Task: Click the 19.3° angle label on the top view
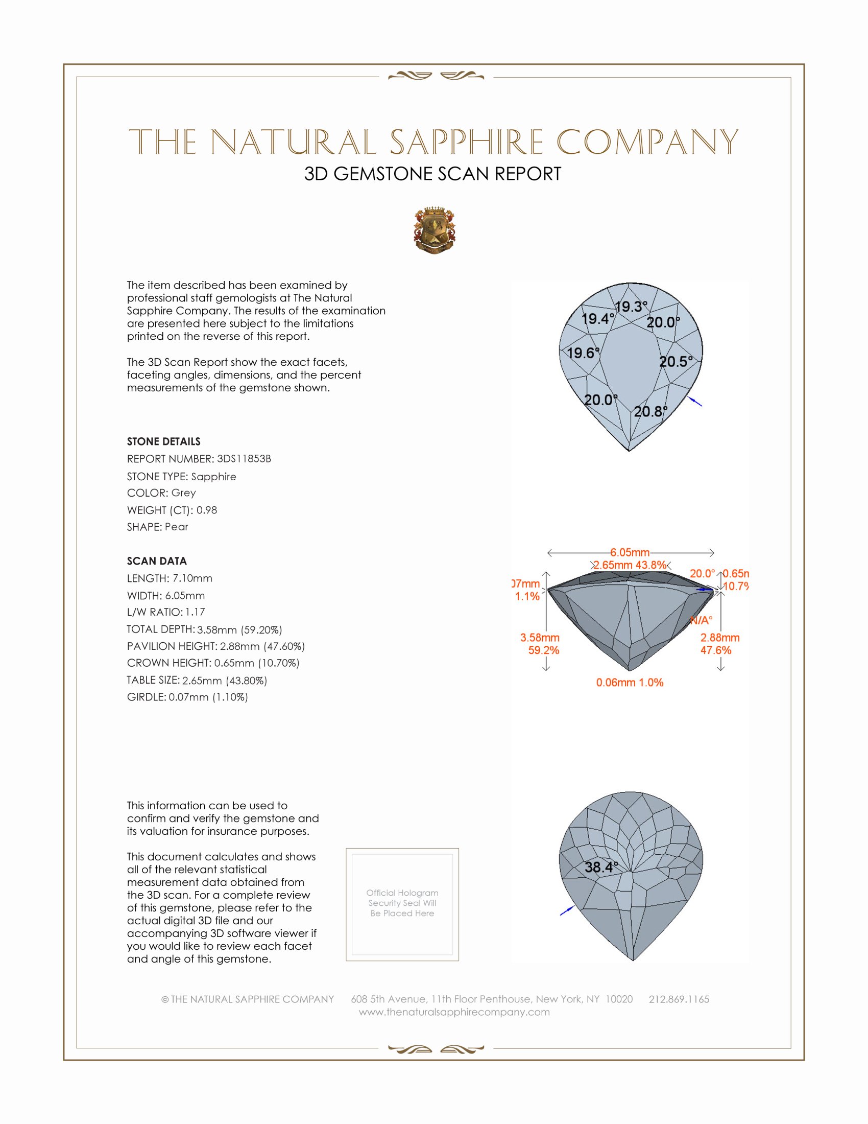pyautogui.click(x=631, y=307)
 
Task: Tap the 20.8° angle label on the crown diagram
pyautogui.click(x=650, y=411)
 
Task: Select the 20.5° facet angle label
pyautogui.click(x=676, y=361)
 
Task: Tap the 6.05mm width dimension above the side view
pyautogui.click(x=630, y=552)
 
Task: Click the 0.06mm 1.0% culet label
pyautogui.click(x=630, y=683)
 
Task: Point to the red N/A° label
pyautogui.click(x=701, y=620)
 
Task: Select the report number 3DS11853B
pyautogui.click(x=244, y=459)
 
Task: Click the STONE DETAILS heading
pyautogui.click(x=163, y=441)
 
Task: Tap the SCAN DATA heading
pyautogui.click(x=157, y=561)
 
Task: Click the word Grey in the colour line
pyautogui.click(x=184, y=493)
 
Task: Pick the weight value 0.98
pyautogui.click(x=207, y=510)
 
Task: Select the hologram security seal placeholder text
pyautogui.click(x=402, y=903)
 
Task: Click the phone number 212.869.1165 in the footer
pyautogui.click(x=679, y=999)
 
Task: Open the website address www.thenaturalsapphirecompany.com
pyautogui.click(x=454, y=1012)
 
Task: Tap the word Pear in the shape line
pyautogui.click(x=176, y=527)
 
